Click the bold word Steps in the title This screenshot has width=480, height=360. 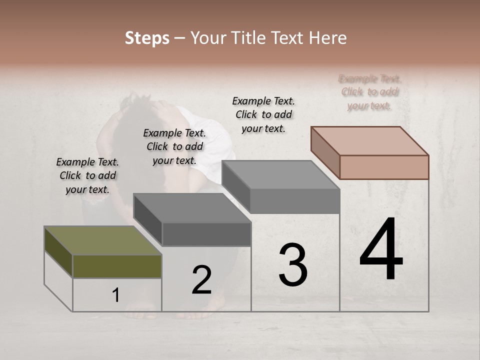[x=147, y=38]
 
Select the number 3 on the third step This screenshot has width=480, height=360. [x=292, y=265]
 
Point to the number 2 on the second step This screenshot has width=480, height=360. [x=201, y=279]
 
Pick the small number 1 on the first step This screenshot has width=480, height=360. [x=115, y=295]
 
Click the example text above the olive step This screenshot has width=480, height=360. [x=87, y=175]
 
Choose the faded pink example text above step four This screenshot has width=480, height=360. [x=369, y=92]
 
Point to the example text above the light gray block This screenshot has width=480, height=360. [x=263, y=114]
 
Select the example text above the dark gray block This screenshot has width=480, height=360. [x=174, y=146]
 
